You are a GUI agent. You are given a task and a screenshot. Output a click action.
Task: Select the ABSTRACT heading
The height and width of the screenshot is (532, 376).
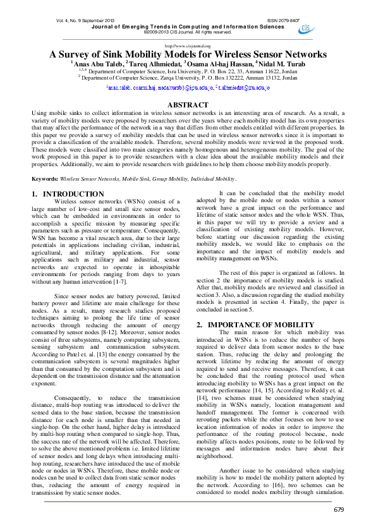(188, 105)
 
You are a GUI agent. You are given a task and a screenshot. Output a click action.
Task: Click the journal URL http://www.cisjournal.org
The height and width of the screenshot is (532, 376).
(188, 46)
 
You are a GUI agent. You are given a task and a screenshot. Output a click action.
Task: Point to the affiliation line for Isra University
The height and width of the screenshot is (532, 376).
(188, 71)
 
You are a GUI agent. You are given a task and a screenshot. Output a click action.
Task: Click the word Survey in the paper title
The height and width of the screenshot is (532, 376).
(78, 54)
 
